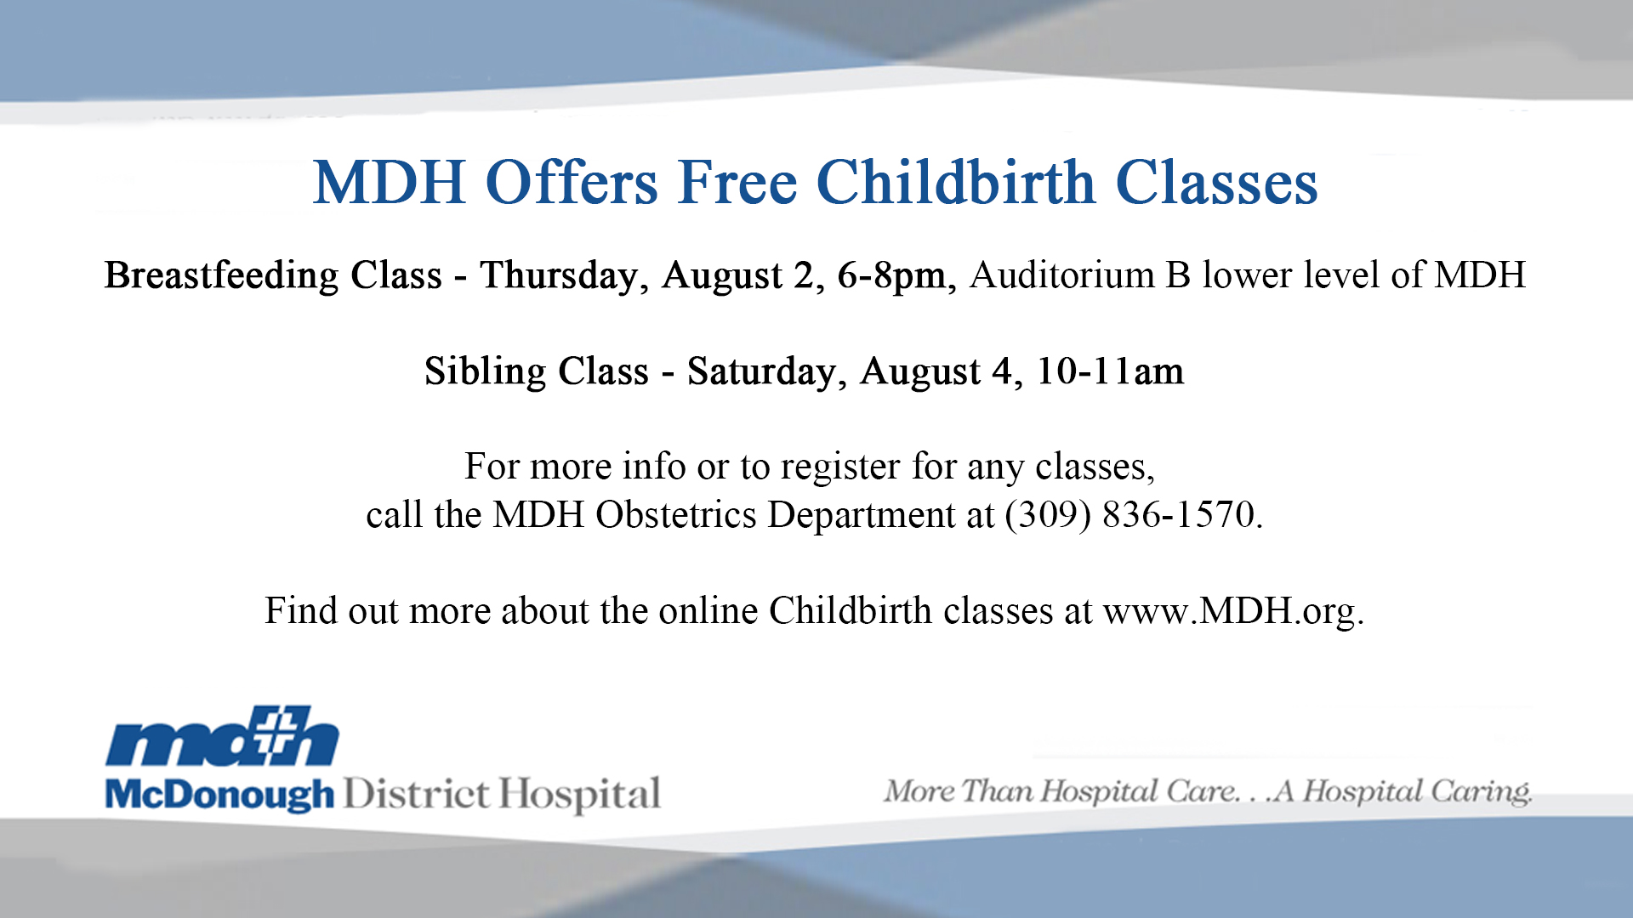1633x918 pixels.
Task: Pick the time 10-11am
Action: [x=1109, y=371]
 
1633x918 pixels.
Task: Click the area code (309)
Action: [x=1047, y=515]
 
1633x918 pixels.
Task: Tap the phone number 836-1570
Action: [x=1178, y=514]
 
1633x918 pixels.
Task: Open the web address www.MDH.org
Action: [x=1233, y=611]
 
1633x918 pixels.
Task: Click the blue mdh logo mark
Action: [x=222, y=736]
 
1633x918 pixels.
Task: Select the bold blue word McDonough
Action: [x=219, y=795]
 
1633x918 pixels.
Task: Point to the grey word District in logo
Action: [x=416, y=794]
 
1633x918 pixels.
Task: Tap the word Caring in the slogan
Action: [x=1480, y=792]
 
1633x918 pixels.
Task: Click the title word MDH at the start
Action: [x=390, y=183]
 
